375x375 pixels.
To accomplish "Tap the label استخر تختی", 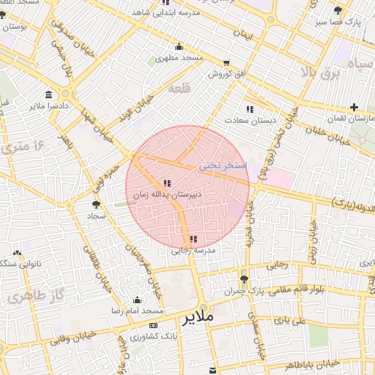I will pos(223,167).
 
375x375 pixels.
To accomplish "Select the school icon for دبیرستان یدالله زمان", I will pos(166,183).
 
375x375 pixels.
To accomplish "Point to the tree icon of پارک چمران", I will pos(244,278).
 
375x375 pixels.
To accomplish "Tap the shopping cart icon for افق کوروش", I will pos(226,63).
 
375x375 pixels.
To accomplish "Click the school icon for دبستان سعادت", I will pos(250,109).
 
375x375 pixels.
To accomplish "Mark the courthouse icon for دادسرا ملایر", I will pos(48,95).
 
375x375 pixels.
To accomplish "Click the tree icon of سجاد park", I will pos(96,205).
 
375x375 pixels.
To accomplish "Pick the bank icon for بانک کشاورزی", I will pos(153,325).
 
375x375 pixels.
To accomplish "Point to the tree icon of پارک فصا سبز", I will pos(338,10).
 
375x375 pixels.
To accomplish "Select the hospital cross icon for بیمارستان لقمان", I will pos(354,107).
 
